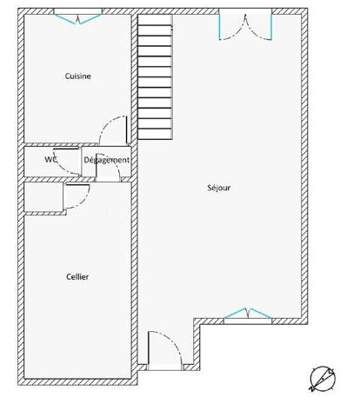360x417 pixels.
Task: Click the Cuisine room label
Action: pos(78,76)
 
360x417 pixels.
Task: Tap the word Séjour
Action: pos(219,187)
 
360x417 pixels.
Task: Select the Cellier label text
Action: pos(77,276)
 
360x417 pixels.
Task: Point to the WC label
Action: pos(51,160)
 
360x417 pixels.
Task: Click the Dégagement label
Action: pos(107,160)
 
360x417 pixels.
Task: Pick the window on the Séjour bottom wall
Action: pos(249,316)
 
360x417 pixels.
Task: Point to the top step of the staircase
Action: pos(155,21)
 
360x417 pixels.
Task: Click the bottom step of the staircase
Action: pos(155,137)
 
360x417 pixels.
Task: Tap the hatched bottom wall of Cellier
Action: pos(78,381)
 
